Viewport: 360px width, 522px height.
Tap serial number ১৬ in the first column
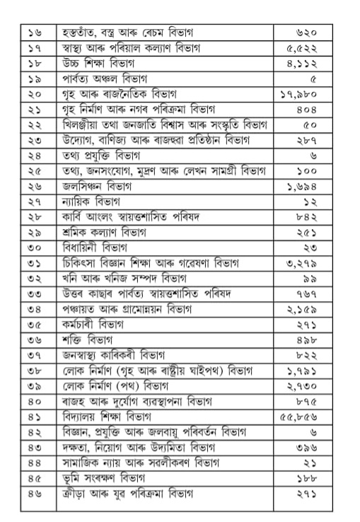[35, 33]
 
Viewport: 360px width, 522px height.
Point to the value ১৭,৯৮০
[317, 94]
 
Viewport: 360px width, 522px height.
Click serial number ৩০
[35, 248]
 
